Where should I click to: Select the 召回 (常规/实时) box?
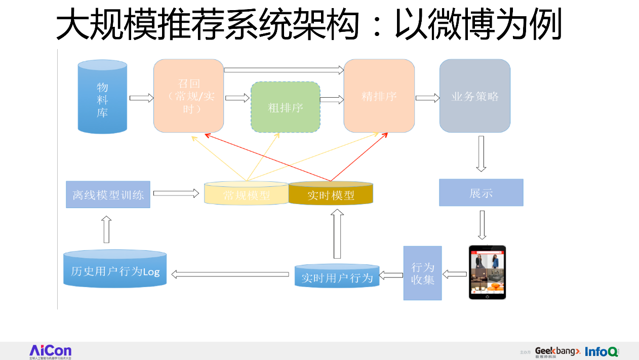click(x=189, y=96)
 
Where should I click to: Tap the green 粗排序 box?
click(x=286, y=107)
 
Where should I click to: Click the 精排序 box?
click(x=379, y=96)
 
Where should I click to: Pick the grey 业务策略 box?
click(x=474, y=96)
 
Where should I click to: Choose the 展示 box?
click(x=481, y=193)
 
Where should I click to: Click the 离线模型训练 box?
click(x=108, y=194)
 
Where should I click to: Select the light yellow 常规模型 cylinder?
click(x=247, y=194)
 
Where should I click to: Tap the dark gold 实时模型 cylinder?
click(x=331, y=194)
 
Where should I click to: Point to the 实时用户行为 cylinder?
click(x=337, y=276)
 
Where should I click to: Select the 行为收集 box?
click(x=422, y=273)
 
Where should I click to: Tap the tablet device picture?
click(x=487, y=272)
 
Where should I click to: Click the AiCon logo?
click(x=50, y=351)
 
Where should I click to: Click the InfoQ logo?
click(x=602, y=351)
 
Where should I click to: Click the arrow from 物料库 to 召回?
click(x=141, y=98)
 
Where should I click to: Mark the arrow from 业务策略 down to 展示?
click(x=481, y=154)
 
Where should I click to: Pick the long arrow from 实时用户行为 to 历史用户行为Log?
click(x=232, y=274)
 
